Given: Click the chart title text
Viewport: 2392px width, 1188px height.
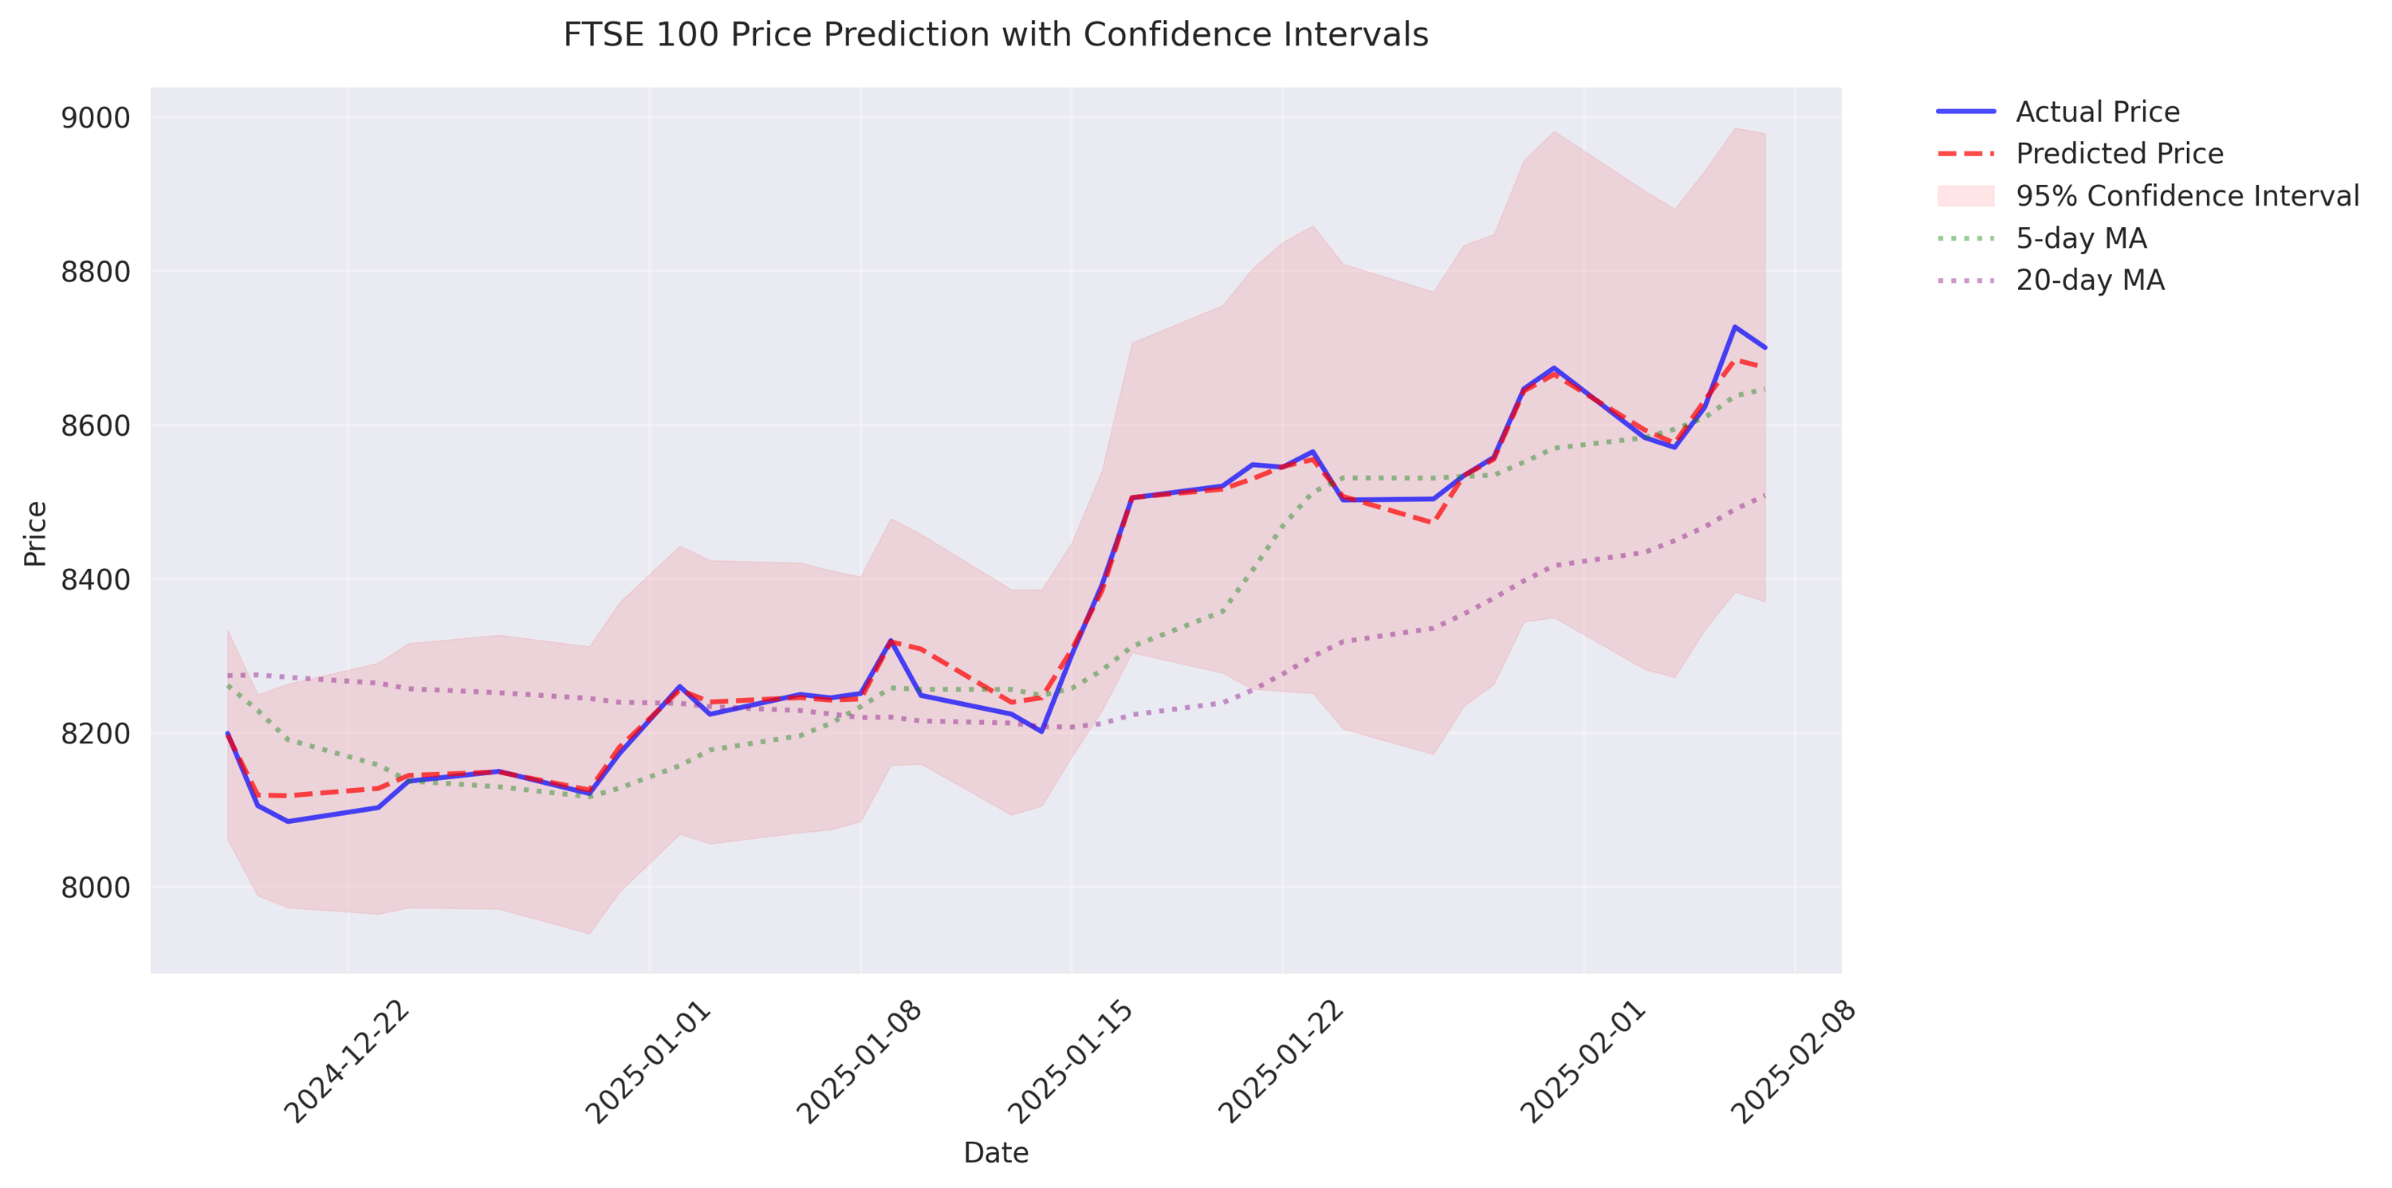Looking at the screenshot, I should pyautogui.click(x=995, y=35).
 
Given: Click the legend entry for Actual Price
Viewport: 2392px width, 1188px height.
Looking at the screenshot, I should pyautogui.click(x=2097, y=112).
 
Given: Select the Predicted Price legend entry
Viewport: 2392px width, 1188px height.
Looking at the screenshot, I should pyautogui.click(x=2119, y=153).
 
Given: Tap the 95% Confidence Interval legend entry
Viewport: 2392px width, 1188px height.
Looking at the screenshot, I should pyautogui.click(x=2187, y=196).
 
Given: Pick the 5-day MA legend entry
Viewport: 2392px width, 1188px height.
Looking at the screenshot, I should pyautogui.click(x=2081, y=237).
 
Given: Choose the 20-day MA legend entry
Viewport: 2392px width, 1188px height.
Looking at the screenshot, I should pyautogui.click(x=2089, y=280).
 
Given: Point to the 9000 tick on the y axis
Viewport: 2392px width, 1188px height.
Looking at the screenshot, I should pyautogui.click(x=96, y=118).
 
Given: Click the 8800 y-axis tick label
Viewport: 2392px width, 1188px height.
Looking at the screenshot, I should pyautogui.click(x=96, y=272).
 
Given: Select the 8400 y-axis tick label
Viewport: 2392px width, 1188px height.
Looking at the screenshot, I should pyautogui.click(x=96, y=579).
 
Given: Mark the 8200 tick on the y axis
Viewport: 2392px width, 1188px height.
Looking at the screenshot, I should pyautogui.click(x=96, y=733).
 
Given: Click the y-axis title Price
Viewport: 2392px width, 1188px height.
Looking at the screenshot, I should pyautogui.click(x=35, y=533).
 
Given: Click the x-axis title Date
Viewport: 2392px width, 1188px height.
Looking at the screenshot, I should pyautogui.click(x=995, y=1153).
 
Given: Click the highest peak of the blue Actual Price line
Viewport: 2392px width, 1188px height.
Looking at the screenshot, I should pyautogui.click(x=1734, y=327).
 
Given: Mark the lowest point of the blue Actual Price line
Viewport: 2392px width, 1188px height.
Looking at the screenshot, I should pyautogui.click(x=288, y=821).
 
